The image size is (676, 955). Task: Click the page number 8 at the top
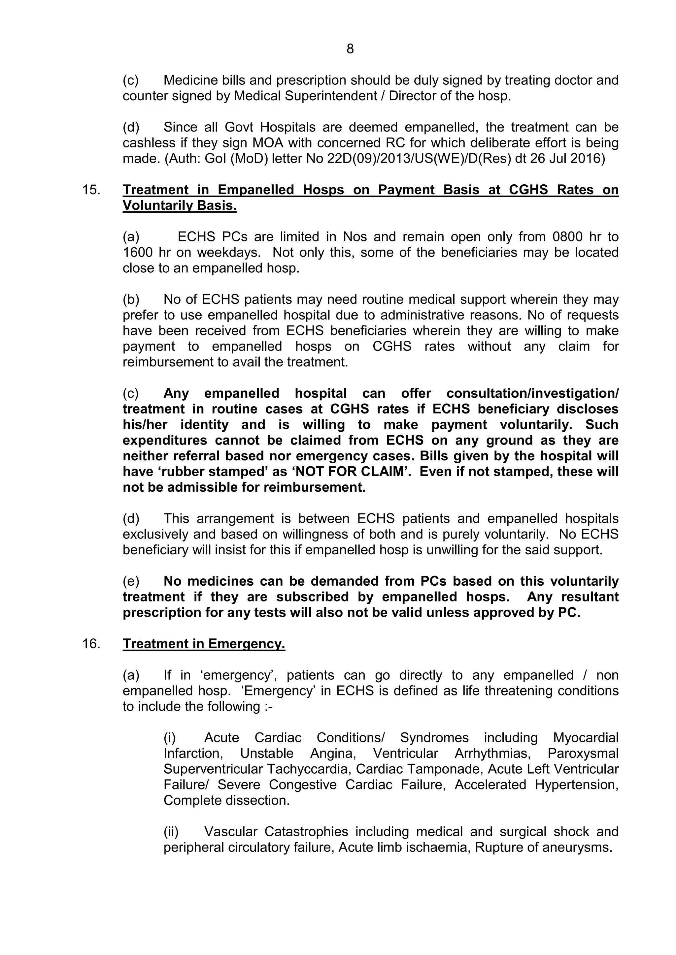click(x=350, y=49)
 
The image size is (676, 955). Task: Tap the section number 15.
click(x=91, y=190)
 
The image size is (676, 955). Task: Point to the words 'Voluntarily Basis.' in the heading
click(x=180, y=205)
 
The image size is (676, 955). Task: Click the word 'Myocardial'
click(x=585, y=737)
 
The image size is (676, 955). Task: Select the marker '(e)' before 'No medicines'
click(x=131, y=581)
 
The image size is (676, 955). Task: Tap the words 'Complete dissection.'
click(x=226, y=800)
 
